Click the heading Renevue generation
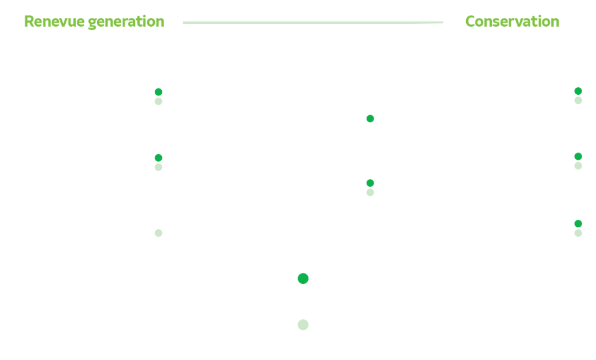pos(94,22)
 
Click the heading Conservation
pos(512,22)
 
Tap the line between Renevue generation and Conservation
pos(313,23)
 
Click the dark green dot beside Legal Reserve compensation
pos(158,92)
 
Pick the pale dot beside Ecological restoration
pos(158,167)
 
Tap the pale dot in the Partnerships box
pos(158,233)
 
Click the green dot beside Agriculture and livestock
pos(370,119)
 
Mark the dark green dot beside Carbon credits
pos(370,183)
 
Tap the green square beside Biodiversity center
pos(578,91)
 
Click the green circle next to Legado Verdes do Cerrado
pos(303,279)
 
